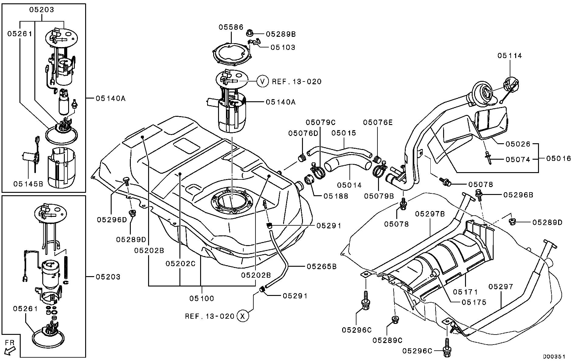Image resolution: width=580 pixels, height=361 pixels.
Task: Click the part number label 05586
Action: click(x=231, y=27)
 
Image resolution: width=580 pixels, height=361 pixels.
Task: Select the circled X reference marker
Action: click(x=242, y=316)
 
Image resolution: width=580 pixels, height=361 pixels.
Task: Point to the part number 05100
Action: click(x=202, y=298)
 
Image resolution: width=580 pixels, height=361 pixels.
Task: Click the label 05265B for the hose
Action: click(x=321, y=267)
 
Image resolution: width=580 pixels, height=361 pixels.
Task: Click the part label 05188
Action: click(x=336, y=196)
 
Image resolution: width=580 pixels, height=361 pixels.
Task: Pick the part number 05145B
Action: click(x=28, y=184)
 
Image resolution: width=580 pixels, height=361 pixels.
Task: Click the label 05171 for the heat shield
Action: click(x=466, y=292)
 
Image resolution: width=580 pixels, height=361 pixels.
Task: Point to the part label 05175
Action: click(x=474, y=302)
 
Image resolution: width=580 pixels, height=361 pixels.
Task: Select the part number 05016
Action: click(x=558, y=158)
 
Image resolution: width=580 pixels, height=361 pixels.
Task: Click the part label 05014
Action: click(x=349, y=185)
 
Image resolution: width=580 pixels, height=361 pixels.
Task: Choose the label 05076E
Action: click(x=378, y=122)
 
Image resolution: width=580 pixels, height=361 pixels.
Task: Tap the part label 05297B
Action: click(x=430, y=214)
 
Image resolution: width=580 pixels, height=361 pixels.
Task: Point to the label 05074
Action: click(x=518, y=159)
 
